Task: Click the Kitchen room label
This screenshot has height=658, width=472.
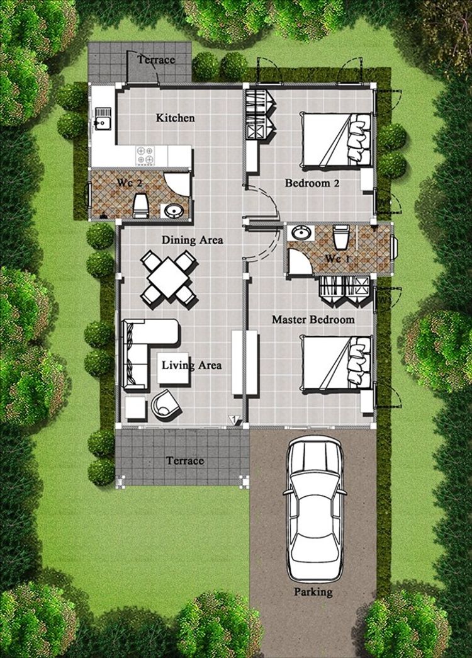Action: coord(176,118)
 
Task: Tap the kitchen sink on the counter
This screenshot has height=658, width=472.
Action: coord(103,118)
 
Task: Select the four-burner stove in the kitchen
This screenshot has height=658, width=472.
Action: coord(145,156)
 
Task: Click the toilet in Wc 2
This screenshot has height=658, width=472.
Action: coord(140,205)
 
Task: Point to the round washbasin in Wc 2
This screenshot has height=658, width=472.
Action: coord(172,211)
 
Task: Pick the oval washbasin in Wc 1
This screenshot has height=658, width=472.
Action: coord(300,232)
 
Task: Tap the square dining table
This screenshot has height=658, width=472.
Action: coord(168,278)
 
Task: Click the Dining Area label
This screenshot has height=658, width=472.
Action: coord(193,240)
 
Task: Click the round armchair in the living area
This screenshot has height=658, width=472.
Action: coord(166,405)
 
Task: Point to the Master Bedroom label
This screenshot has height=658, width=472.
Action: coord(313,320)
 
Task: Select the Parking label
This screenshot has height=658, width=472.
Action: coord(313,592)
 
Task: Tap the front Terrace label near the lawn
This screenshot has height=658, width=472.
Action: coord(185,461)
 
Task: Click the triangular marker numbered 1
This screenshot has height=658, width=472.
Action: coord(234,419)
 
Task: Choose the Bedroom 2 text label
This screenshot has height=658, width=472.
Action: coord(312,183)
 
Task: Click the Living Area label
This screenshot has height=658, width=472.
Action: coord(192,365)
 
